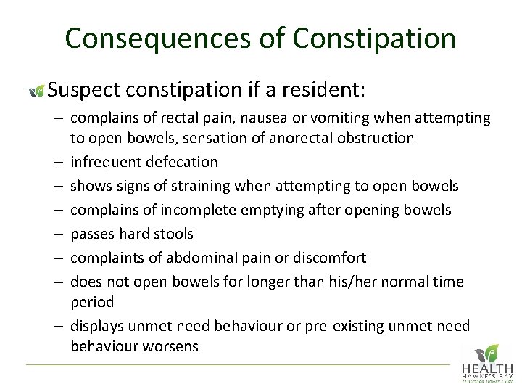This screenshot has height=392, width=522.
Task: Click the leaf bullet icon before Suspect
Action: coord(36,91)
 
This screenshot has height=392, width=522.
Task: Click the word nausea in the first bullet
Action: coord(275,118)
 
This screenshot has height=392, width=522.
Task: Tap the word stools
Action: coord(173,234)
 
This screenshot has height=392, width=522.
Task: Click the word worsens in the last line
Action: coord(171,346)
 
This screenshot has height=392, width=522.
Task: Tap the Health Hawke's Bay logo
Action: coord(488,362)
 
